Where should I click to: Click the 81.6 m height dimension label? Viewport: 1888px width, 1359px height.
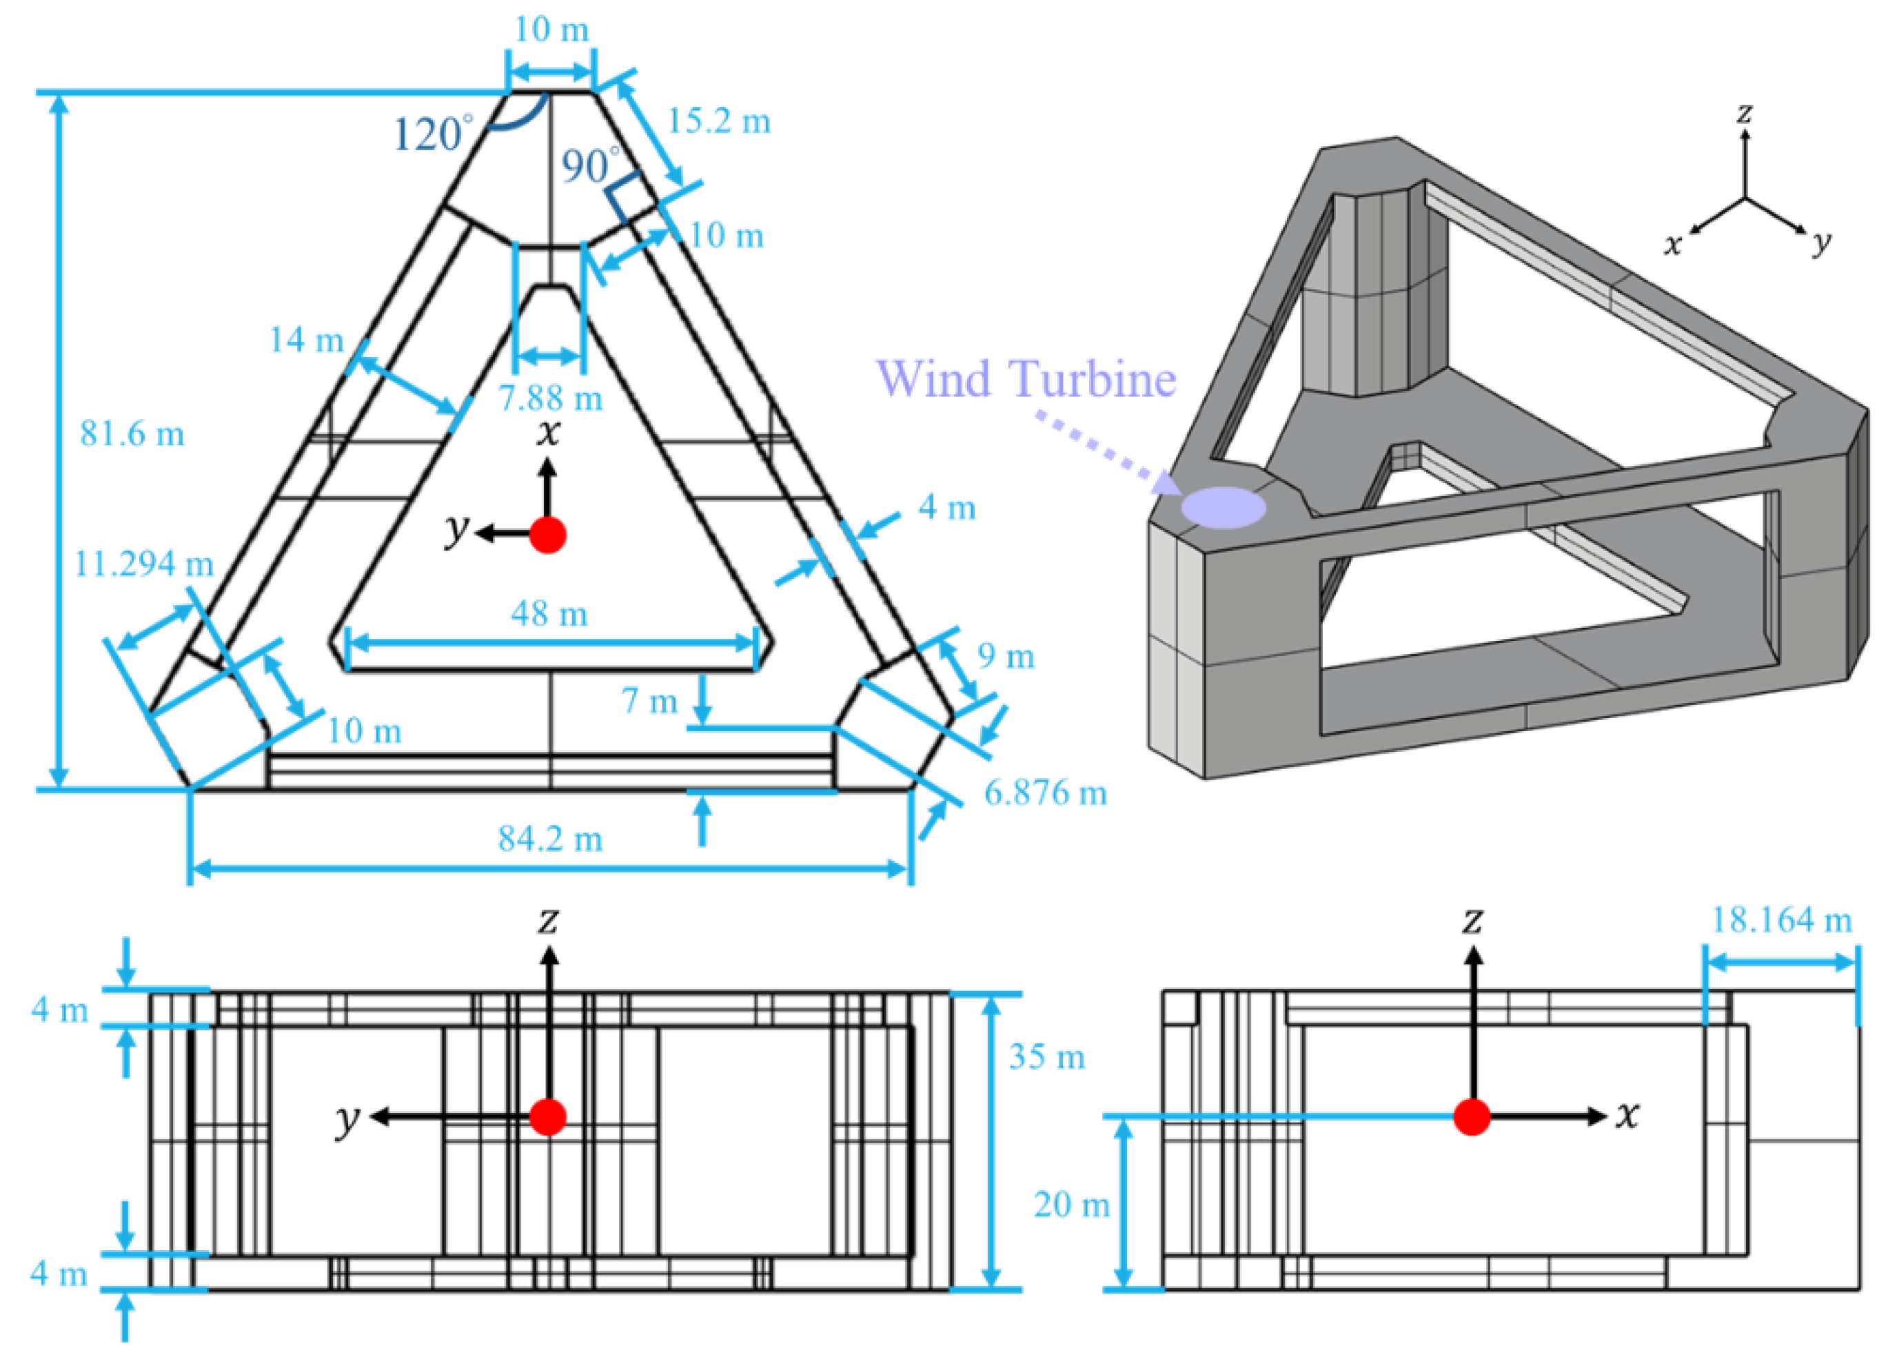[x=132, y=433]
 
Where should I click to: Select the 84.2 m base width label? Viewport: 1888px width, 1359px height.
[x=550, y=838]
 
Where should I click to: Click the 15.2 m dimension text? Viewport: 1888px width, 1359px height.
[x=719, y=121]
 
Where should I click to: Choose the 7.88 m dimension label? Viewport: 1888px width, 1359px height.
[x=550, y=398]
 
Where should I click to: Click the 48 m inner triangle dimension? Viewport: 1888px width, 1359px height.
[x=549, y=613]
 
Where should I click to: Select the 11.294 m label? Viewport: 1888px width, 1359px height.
[x=144, y=564]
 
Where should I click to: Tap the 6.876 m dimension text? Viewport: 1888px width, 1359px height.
[x=1046, y=793]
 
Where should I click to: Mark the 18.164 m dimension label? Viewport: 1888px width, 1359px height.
[x=1781, y=919]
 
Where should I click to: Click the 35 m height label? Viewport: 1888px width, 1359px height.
[x=1046, y=1057]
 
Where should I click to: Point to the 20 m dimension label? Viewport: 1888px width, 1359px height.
[x=1071, y=1205]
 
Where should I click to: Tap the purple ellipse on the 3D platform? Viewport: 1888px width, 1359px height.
[x=1223, y=507]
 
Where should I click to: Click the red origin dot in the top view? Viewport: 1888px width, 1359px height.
[x=548, y=534]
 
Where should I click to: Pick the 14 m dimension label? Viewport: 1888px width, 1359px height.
[x=306, y=340]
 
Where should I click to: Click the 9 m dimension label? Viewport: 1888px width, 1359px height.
[x=1006, y=657]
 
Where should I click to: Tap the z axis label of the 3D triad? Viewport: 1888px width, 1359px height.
[x=1745, y=112]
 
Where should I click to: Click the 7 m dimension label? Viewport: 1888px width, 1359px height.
[x=649, y=702]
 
